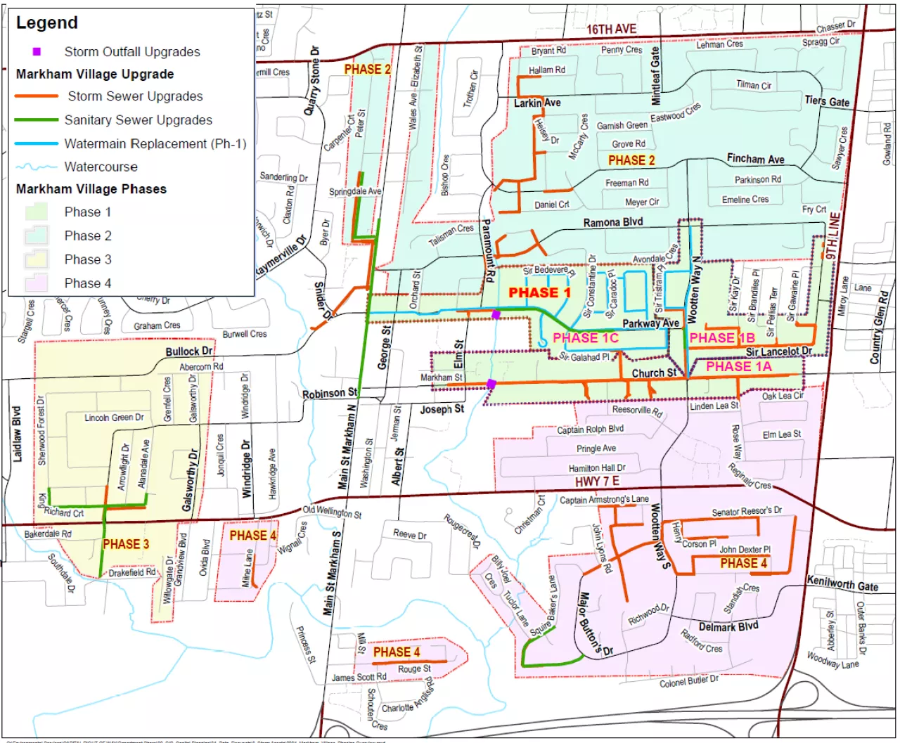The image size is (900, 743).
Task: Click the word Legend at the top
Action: click(47, 23)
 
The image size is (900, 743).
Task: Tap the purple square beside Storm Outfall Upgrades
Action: click(37, 51)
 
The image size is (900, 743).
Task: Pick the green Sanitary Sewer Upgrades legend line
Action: click(37, 120)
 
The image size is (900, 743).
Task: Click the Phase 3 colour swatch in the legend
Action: click(37, 259)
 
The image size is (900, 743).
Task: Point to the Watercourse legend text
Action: click(101, 167)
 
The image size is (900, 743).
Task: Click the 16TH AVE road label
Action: click(611, 29)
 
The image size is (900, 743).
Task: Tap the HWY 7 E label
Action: click(597, 481)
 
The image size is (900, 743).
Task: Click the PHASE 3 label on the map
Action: click(126, 544)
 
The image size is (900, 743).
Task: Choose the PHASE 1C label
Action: click(585, 338)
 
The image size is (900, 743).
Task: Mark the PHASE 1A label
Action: click(738, 366)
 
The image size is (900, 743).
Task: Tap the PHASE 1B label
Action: click(722, 338)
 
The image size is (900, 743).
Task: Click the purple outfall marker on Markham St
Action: click(491, 383)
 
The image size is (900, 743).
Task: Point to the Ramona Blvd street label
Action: click(612, 222)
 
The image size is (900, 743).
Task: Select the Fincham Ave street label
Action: click(755, 160)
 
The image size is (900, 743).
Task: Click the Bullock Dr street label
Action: click(188, 351)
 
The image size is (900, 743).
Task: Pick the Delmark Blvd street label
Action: click(728, 626)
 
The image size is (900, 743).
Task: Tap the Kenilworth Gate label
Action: click(842, 583)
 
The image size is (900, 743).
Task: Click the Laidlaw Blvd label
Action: click(17, 434)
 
